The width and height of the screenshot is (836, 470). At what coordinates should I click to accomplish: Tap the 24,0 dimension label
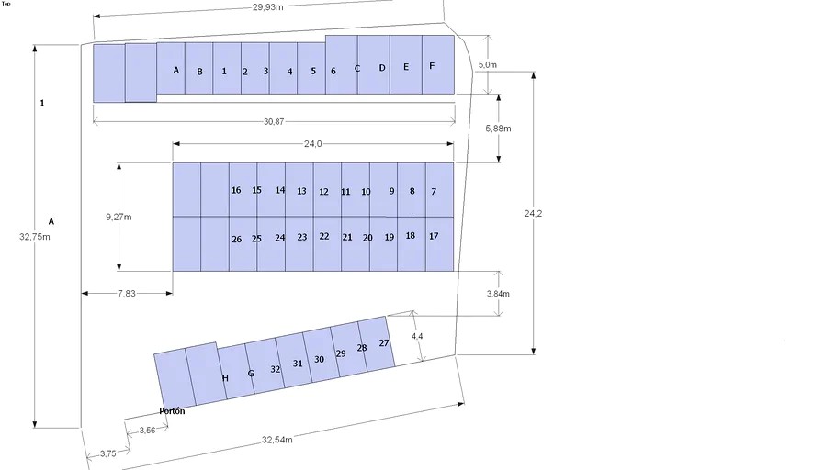tap(313, 144)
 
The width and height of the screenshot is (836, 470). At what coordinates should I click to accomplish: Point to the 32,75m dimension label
tap(34, 236)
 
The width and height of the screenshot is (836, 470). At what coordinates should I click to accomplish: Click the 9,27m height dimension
tap(119, 217)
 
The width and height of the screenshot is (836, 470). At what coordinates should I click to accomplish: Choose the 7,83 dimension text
tap(127, 293)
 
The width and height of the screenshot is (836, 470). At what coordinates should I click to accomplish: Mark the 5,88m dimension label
tap(498, 129)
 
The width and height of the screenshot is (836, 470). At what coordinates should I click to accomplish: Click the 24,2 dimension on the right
tap(534, 213)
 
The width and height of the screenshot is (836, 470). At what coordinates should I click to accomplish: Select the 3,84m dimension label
tap(498, 294)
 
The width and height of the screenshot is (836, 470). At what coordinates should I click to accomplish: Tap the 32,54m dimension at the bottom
tap(277, 441)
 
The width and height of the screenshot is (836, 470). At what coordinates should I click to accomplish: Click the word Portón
tap(172, 411)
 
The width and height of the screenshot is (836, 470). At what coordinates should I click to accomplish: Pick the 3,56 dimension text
tap(147, 431)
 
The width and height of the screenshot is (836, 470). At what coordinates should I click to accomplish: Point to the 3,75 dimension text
tap(107, 453)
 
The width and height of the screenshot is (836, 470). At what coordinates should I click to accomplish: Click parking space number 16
tap(236, 191)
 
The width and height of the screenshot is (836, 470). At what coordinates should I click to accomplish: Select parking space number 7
tap(433, 191)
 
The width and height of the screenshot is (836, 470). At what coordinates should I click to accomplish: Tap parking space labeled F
tap(432, 66)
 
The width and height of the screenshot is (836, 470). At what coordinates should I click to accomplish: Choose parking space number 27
tap(384, 343)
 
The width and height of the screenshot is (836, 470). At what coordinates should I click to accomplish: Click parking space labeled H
tap(225, 378)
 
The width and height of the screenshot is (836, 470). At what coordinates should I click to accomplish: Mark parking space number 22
tap(323, 236)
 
